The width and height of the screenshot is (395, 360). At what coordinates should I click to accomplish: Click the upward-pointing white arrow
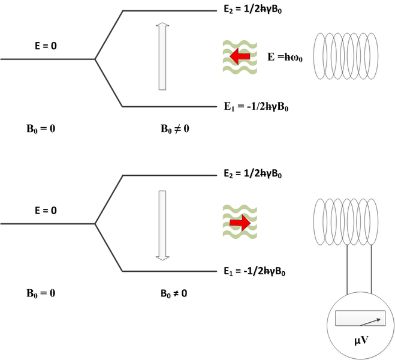(161, 56)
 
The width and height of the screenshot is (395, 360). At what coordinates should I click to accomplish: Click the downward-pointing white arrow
(161, 225)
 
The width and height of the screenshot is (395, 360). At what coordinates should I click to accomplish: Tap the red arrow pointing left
(240, 57)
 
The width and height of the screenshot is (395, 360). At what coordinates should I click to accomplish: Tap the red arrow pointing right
(240, 223)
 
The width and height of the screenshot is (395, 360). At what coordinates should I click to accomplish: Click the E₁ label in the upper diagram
(254, 107)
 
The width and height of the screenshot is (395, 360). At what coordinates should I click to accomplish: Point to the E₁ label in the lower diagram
(254, 272)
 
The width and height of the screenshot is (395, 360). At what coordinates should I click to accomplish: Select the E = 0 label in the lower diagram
(47, 211)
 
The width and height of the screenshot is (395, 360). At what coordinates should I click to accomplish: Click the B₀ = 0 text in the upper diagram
(40, 128)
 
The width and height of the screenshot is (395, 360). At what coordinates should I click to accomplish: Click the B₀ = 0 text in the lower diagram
(40, 293)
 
